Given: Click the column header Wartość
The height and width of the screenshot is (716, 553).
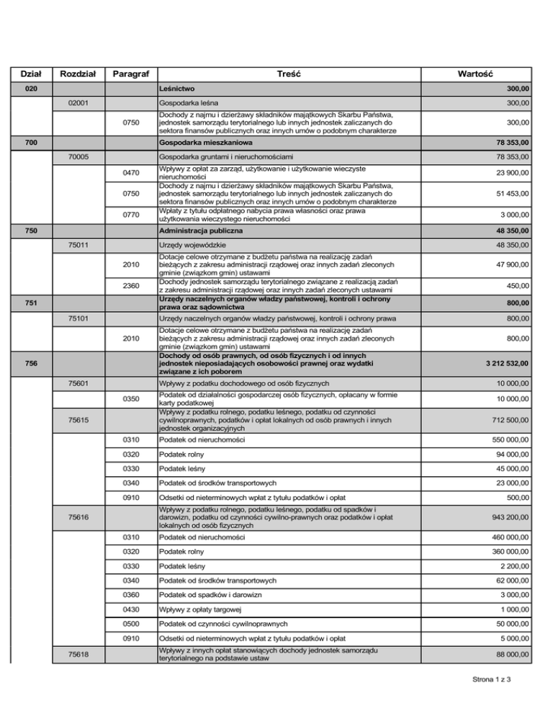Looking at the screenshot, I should (x=480, y=73).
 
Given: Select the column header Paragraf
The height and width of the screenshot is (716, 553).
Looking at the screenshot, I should (x=130, y=73).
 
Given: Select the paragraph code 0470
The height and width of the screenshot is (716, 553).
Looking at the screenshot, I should (x=130, y=172).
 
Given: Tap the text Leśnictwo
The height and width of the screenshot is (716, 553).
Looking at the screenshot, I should (x=176, y=89).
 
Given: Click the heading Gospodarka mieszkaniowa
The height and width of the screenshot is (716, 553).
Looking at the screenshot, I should (x=200, y=143).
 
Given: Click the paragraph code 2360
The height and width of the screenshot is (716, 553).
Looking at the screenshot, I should (x=130, y=285).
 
